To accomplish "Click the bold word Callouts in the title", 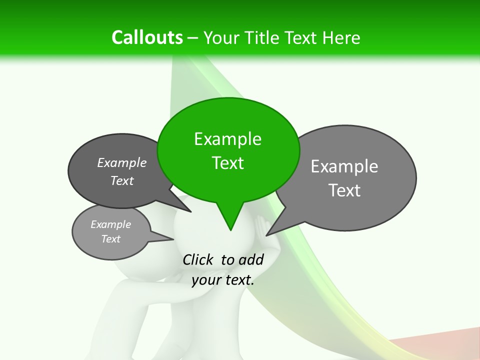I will point(147,37).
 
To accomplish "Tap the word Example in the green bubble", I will point(227,139).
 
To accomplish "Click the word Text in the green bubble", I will point(227,163).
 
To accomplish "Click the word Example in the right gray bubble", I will point(344,166).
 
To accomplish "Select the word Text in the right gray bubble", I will point(344,190).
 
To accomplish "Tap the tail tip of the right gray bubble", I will point(266,235).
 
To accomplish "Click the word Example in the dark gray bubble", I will point(122,162).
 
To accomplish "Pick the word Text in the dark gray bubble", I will point(122,180).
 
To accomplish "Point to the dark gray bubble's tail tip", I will point(191,211).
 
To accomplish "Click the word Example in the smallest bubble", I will point(110,224).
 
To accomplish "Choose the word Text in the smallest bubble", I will point(110,239).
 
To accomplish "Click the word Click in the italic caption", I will point(198,259).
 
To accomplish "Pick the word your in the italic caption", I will point(206,280).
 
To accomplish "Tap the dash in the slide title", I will point(193,38).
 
